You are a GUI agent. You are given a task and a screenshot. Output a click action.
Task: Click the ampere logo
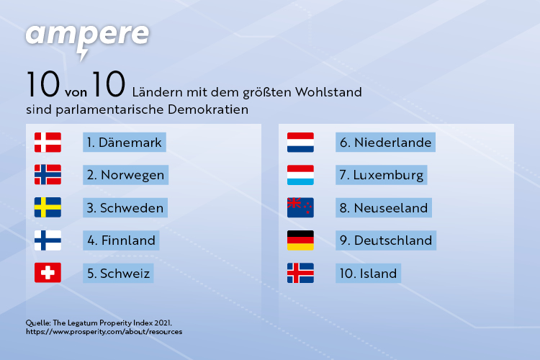(87, 40)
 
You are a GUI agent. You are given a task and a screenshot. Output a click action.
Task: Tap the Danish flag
(48, 143)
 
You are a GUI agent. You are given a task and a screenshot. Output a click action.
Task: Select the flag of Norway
(48, 175)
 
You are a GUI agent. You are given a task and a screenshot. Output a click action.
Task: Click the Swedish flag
(48, 207)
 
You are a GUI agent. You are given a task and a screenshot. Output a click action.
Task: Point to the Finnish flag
(48, 240)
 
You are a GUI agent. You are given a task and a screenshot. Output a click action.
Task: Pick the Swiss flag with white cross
(48, 273)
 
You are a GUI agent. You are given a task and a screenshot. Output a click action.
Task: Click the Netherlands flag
(301, 143)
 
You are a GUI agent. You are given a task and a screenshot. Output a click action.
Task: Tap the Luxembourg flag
(301, 175)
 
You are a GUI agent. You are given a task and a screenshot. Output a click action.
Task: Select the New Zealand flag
(301, 207)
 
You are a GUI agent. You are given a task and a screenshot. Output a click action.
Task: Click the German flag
(301, 240)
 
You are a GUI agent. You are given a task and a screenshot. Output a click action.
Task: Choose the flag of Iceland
(301, 273)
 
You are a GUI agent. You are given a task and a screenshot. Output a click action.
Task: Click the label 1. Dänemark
(125, 143)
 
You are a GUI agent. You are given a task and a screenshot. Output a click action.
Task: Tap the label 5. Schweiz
(118, 273)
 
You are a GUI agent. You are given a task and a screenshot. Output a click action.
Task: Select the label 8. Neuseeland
(384, 208)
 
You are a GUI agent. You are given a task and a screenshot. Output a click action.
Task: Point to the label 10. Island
(368, 273)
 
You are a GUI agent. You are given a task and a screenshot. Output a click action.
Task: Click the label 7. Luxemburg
(381, 175)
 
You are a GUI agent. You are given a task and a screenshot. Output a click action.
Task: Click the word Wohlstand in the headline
(328, 92)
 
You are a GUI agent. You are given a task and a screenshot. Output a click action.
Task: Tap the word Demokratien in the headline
(208, 109)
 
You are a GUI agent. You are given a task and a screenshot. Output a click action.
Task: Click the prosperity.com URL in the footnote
(104, 332)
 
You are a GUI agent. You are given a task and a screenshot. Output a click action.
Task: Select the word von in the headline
(76, 93)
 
